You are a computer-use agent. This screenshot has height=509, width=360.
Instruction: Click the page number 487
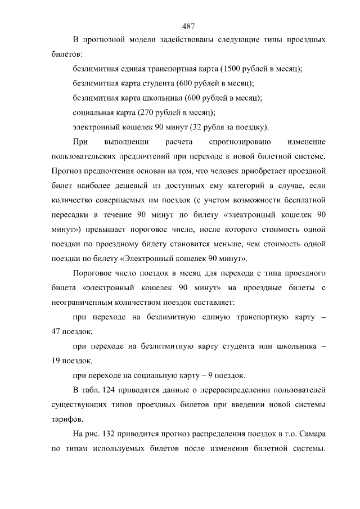pos(188,26)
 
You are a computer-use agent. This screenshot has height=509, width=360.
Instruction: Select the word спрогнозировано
pos(237,140)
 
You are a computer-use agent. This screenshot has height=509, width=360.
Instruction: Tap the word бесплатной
pos(303,199)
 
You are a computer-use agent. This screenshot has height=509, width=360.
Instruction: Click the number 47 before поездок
pos(56,331)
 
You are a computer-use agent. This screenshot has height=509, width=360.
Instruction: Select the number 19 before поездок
pos(56,361)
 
